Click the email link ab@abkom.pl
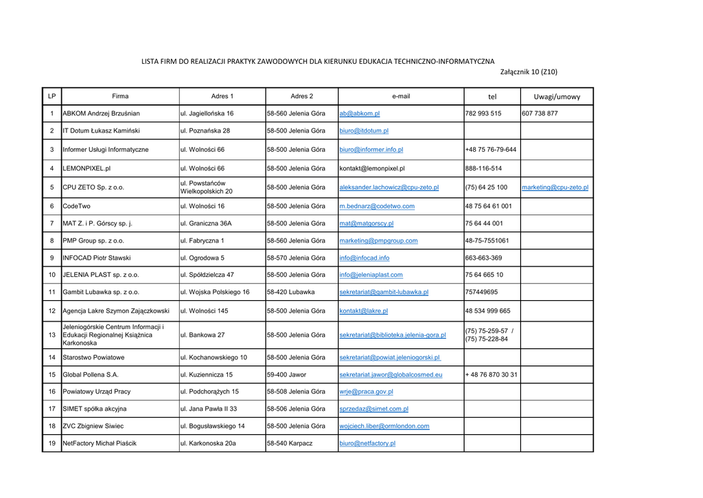359,113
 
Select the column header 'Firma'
120,96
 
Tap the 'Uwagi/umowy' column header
557,96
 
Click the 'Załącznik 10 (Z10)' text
529,72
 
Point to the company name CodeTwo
76,206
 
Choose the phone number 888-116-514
483,168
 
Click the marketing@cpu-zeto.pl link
555,187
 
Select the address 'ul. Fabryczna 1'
202,240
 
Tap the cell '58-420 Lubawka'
290,292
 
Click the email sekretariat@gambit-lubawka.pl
384,292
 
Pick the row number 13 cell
52,335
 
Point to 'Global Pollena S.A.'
91,375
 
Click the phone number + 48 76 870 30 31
491,375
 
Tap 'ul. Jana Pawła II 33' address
208,409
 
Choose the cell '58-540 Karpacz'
289,443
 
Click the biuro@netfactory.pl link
367,443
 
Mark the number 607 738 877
540,113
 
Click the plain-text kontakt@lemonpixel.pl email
371,168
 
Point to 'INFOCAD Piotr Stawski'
96,258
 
